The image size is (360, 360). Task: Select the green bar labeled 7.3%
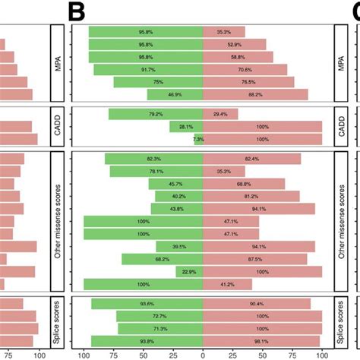[x=199, y=140]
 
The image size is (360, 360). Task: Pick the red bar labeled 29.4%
[x=220, y=115]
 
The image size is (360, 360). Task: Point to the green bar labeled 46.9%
[x=175, y=95]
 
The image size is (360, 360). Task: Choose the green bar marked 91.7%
[x=148, y=69]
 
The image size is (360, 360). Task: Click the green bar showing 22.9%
[x=189, y=271]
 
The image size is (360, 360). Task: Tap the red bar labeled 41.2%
[x=228, y=284]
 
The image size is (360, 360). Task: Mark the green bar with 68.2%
[x=163, y=259]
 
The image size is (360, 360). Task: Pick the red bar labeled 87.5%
[x=255, y=259]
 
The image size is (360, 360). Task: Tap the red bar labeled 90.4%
[x=257, y=304]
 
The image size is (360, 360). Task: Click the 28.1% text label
[x=184, y=127]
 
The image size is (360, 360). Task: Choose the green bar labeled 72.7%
[x=160, y=316]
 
